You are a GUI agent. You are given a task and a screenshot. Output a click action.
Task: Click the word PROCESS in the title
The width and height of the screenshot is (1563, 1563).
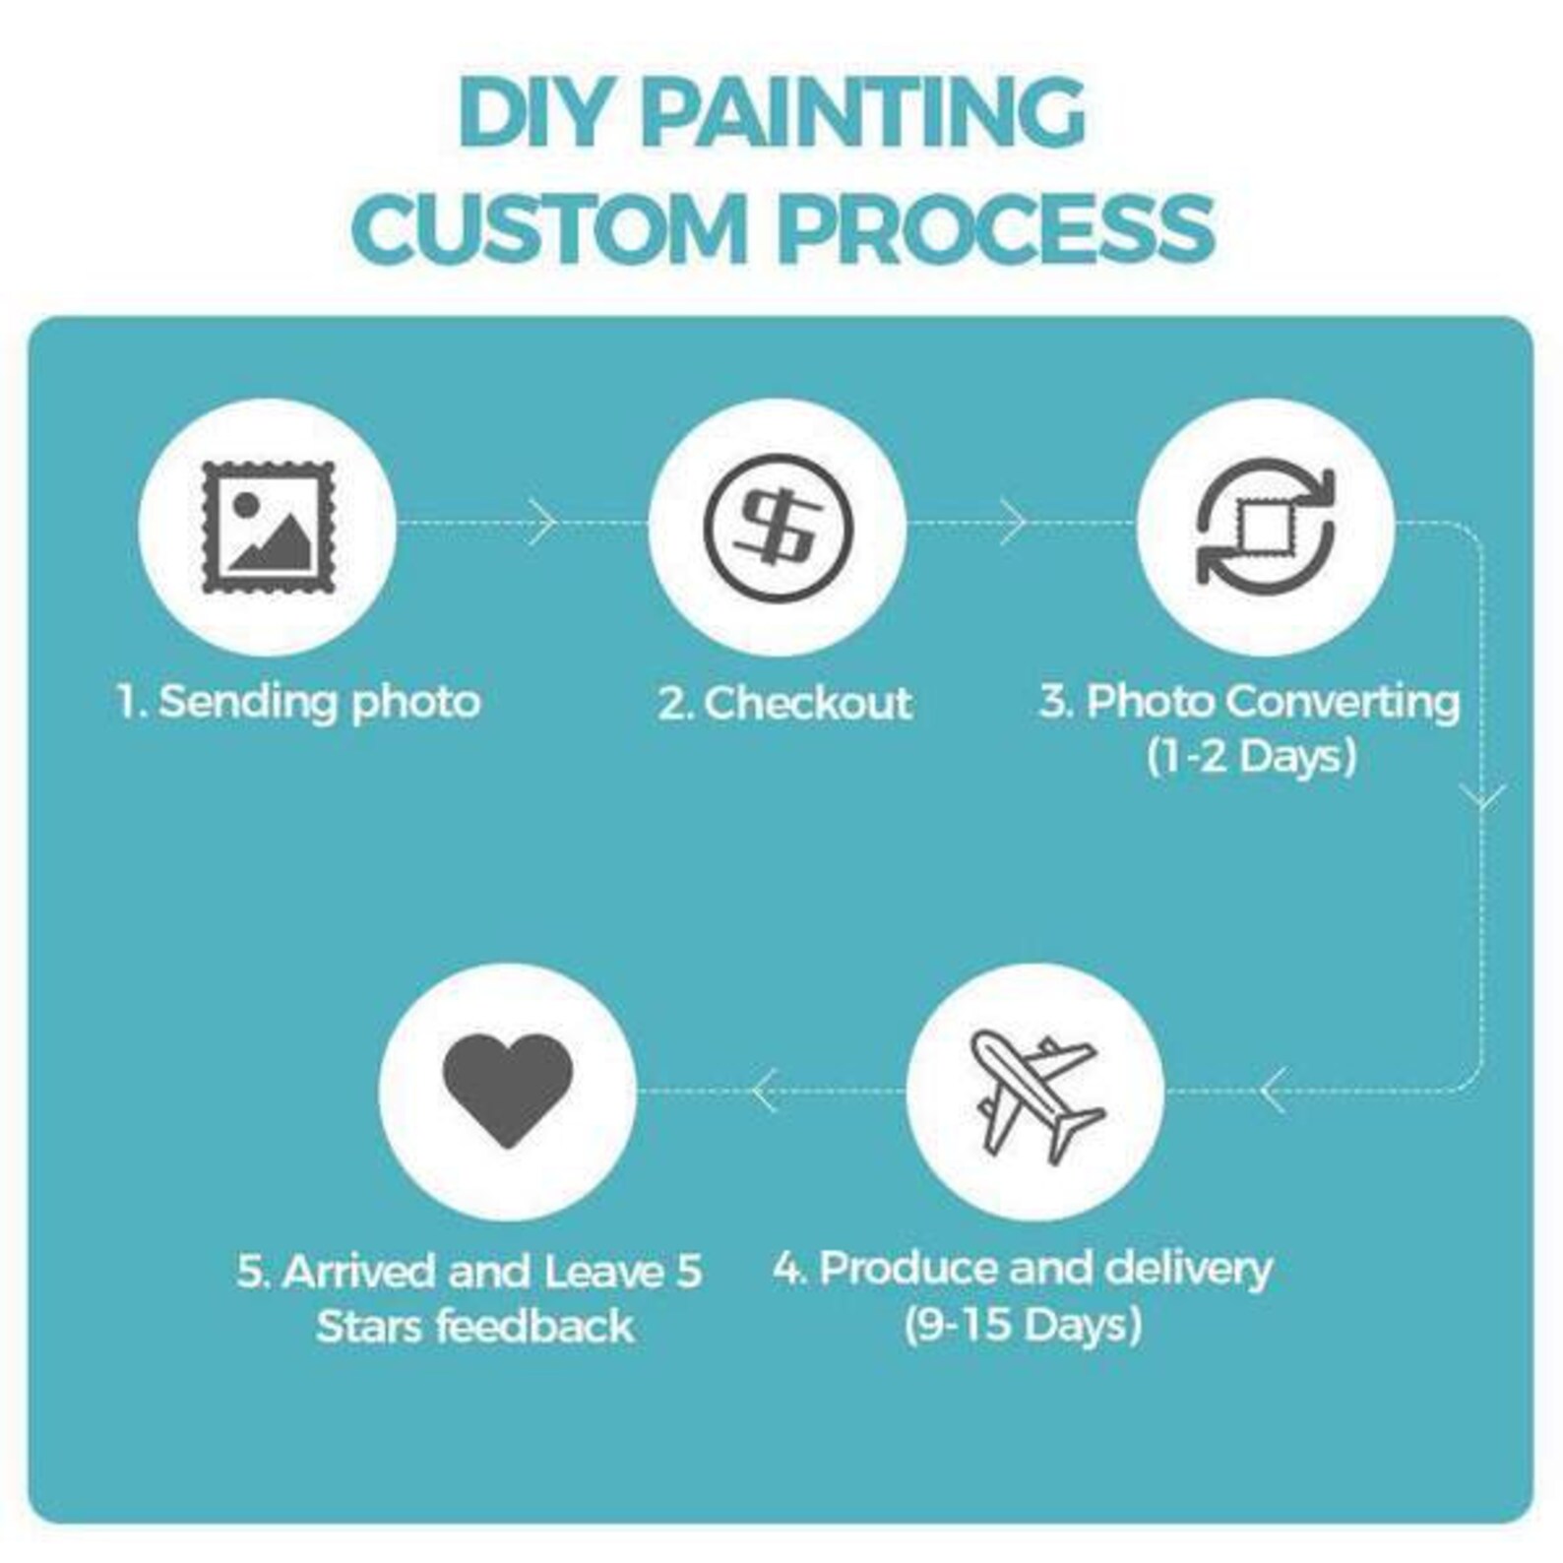click(996, 228)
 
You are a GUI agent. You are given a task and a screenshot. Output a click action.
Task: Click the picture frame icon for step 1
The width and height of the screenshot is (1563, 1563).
click(268, 528)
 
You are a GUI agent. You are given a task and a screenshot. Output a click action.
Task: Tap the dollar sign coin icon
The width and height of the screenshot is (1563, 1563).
click(778, 528)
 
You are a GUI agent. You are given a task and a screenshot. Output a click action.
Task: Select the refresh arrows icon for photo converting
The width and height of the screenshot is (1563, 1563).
click(1265, 528)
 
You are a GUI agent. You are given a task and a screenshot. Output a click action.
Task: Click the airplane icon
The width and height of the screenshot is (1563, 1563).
click(1035, 1093)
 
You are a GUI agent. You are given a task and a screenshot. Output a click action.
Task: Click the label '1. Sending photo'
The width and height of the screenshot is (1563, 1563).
click(298, 703)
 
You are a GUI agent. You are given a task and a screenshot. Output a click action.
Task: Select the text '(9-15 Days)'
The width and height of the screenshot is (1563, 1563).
click(1023, 1325)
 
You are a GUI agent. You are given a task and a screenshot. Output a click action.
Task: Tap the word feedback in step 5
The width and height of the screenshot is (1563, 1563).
click(535, 1327)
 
